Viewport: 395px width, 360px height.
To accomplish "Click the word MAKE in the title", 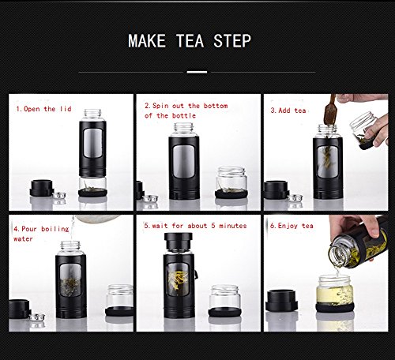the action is (x=147, y=41).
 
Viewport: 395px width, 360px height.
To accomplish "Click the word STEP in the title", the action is (x=232, y=41).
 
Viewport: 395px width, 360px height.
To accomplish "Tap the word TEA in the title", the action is (x=190, y=41).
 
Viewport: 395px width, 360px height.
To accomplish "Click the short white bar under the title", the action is (x=197, y=72).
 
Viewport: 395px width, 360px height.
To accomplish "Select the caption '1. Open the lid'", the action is (x=43, y=109).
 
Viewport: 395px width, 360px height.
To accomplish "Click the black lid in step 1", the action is (x=42, y=188).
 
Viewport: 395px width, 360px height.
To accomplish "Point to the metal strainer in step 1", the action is (x=59, y=195).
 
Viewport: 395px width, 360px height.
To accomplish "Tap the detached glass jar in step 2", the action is (x=231, y=182).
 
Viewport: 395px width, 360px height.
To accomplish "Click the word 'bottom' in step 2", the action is (x=216, y=106).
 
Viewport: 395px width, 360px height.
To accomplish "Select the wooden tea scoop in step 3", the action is (x=330, y=112).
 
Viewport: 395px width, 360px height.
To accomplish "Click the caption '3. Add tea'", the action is (x=288, y=111).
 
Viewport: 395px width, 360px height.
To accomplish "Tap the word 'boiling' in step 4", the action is (x=55, y=229).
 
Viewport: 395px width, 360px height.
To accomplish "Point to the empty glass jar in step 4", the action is (x=119, y=300).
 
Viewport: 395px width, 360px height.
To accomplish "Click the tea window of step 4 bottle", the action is (x=70, y=280).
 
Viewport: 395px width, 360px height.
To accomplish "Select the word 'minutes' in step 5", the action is (x=233, y=226).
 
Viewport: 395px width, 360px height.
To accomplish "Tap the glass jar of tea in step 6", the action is (x=335, y=294).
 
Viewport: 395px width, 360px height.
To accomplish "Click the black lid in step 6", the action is (x=281, y=301).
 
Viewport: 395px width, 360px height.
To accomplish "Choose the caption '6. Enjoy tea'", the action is (x=292, y=226).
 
